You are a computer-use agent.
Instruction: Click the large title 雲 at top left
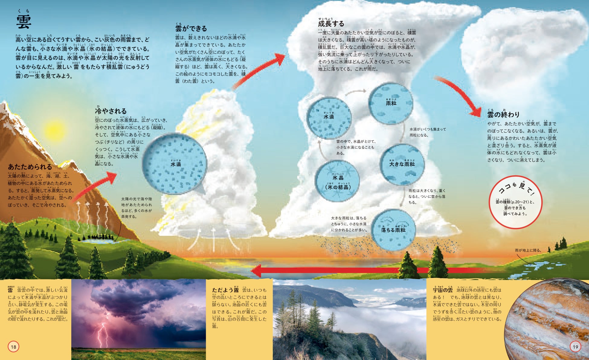tap(24, 21)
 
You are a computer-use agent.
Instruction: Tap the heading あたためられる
tap(30, 167)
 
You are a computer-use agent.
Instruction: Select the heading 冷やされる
tap(111, 111)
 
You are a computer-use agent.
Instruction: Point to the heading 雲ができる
tap(191, 29)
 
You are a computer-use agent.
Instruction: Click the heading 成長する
tap(331, 24)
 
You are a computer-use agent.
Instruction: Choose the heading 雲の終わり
tap(503, 114)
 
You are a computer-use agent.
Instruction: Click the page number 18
tap(14, 347)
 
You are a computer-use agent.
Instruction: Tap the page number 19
tap(575, 347)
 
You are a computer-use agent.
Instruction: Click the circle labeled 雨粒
tap(391, 103)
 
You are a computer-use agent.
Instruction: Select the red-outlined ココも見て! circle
tap(515, 201)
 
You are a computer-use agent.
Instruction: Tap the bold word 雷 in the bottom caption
tap(11, 290)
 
